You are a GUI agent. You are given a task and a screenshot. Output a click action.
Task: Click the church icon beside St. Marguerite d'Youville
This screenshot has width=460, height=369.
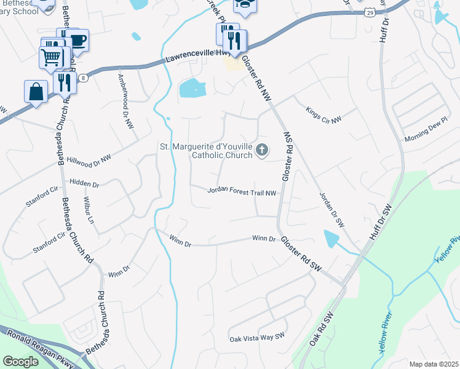click(x=262, y=149)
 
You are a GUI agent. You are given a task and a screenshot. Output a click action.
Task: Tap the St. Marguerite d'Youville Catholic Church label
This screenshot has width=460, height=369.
click(x=206, y=151)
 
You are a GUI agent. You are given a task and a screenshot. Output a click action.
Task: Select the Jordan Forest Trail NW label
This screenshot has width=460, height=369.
click(x=242, y=192)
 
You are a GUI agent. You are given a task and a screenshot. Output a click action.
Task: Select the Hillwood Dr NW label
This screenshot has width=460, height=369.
click(x=89, y=159)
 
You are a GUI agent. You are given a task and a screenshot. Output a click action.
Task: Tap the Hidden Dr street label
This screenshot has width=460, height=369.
click(x=84, y=184)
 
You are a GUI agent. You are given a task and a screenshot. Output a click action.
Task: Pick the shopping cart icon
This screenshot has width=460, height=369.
click(x=52, y=57)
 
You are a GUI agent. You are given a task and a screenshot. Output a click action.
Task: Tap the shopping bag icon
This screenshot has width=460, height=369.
click(x=36, y=92)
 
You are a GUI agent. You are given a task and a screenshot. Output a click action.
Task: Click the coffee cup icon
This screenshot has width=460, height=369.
click(x=77, y=40)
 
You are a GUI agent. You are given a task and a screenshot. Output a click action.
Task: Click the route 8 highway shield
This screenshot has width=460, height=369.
click(x=82, y=78)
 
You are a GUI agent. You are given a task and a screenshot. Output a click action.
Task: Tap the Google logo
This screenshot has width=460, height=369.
click(x=21, y=362)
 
